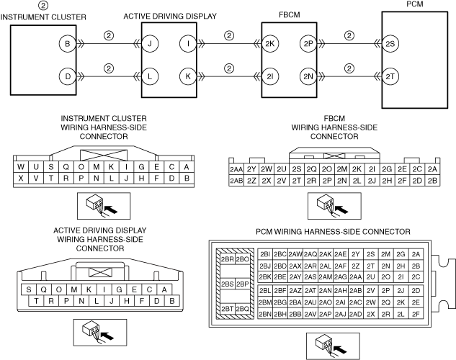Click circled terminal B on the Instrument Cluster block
point(68,44)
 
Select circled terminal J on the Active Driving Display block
point(150,44)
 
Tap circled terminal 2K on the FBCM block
point(270,44)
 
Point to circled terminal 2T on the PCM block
point(390,77)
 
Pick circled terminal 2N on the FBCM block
point(308,77)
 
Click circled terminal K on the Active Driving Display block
point(188,77)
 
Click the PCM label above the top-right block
point(415,4)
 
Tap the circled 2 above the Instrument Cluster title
point(43,5)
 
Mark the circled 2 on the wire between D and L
point(109,68)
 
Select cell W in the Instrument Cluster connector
point(21,167)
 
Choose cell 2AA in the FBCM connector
point(236,169)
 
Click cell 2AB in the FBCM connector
point(236,181)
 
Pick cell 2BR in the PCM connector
point(227,259)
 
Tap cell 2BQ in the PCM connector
point(242,309)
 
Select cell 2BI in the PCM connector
point(265,254)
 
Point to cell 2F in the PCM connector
point(416,314)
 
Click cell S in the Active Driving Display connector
point(29,289)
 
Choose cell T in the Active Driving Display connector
point(36,301)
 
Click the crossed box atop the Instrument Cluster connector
point(104,155)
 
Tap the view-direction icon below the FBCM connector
point(334,206)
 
